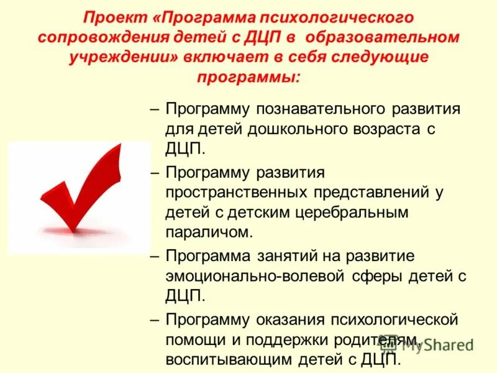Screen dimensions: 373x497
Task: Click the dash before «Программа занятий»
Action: pyautogui.click(x=156, y=256)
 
